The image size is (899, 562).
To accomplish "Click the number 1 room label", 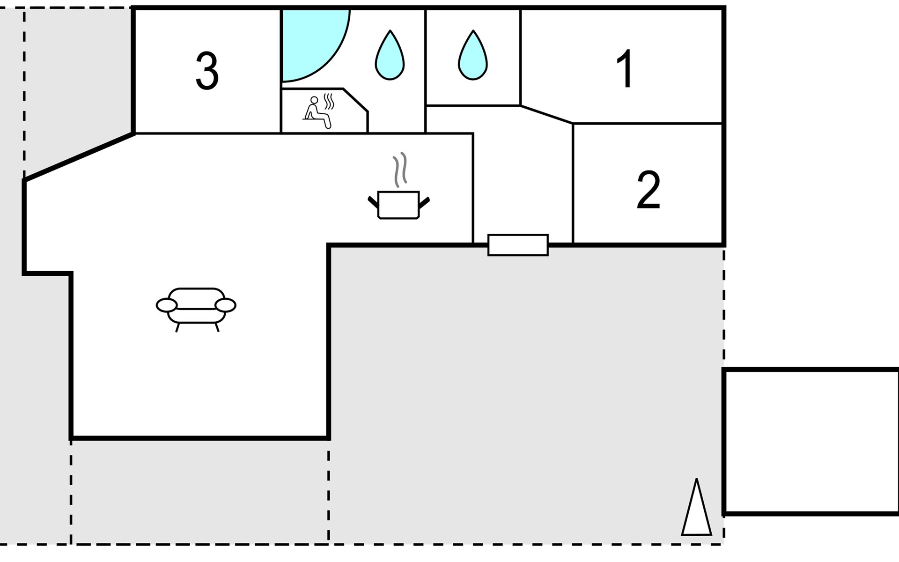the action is pos(626,68).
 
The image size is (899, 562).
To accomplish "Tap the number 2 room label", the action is pos(648,190).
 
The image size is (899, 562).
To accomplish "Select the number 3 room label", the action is pos(207,71).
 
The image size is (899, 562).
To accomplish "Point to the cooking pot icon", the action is pos(398,205).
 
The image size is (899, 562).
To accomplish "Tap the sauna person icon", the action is pos(317,112).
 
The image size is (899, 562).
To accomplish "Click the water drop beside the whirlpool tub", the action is pos(390,55).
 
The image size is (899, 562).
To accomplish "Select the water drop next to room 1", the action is pos(473,55).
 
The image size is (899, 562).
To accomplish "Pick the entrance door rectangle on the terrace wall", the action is pos(518,245).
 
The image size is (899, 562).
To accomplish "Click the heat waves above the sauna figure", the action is pos(329,102).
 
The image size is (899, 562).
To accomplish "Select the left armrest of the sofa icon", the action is pos(167,305).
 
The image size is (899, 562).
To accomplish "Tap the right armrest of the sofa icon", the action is pos(226,305).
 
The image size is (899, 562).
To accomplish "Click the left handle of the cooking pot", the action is pos(373,202).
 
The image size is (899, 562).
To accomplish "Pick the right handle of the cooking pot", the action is pos(424,202).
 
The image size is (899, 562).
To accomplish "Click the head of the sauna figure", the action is pos(314,100).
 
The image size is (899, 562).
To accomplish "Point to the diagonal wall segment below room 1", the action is pos(546,114).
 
